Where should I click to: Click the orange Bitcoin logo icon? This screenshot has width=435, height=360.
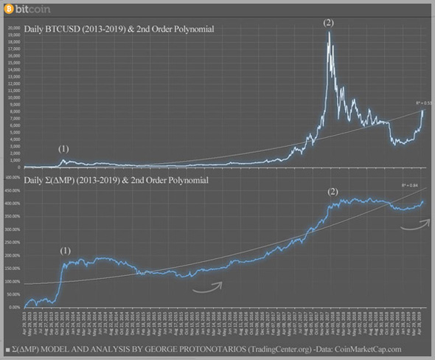tap(9, 10)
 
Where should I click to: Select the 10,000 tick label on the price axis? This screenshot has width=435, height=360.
tap(13, 97)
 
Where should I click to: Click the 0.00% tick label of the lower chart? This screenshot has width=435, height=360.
tap(14, 307)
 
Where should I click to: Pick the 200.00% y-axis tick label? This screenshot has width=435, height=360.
tap(13, 255)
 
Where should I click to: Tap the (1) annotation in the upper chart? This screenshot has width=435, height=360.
tap(64, 149)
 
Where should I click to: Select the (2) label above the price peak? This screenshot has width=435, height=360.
tap(329, 23)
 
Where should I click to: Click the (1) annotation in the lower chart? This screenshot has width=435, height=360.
tap(66, 251)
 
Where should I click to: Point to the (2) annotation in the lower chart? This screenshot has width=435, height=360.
tap(333, 193)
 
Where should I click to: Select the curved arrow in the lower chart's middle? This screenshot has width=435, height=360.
tap(208, 288)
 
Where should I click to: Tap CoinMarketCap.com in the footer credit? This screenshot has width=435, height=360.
tap(368, 349)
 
